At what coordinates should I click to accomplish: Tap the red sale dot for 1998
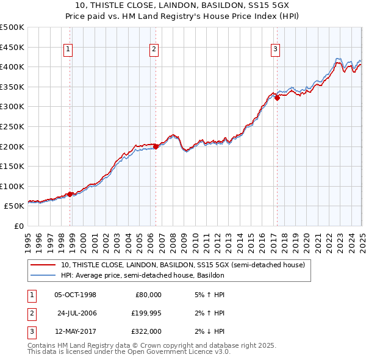(70, 194)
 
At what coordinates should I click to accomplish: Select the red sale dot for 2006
(156, 146)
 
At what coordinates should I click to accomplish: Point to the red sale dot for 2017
(277, 98)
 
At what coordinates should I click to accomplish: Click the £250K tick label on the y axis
(12, 126)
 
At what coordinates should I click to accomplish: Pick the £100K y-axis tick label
(12, 186)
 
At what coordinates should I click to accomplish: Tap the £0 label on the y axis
(18, 226)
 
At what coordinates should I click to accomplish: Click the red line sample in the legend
(44, 265)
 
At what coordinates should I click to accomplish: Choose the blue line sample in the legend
(44, 275)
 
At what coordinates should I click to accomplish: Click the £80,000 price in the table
(148, 295)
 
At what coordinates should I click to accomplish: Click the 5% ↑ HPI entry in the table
(207, 295)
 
